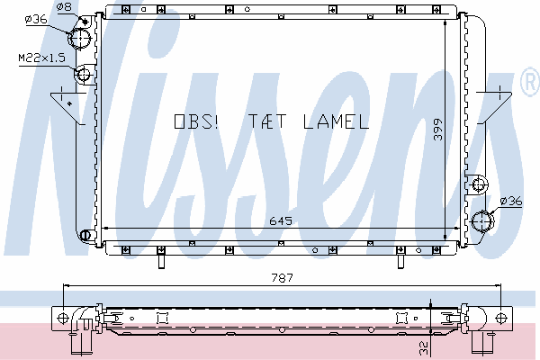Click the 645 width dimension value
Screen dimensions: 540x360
click(x=281, y=220)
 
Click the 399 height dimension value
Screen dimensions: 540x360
click(x=437, y=130)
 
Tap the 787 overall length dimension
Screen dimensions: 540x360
click(x=282, y=277)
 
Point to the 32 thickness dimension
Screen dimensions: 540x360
click(x=424, y=348)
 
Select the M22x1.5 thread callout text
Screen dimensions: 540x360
click(x=41, y=58)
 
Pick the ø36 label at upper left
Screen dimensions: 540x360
click(x=36, y=19)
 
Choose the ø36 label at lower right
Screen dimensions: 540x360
click(x=511, y=201)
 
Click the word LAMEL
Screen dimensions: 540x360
click(x=336, y=121)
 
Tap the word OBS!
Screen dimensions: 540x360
click(x=196, y=121)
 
